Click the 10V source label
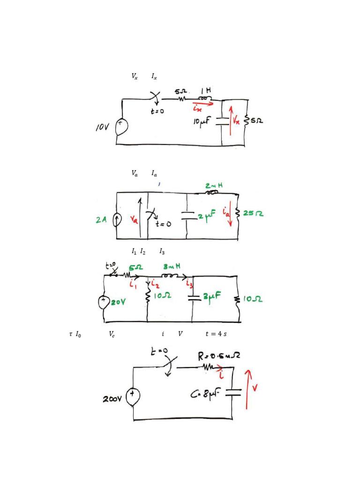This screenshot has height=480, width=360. [102, 127]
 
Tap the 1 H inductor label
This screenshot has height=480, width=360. [206, 90]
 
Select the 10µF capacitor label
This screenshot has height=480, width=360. [202, 121]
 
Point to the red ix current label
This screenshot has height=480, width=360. [197, 108]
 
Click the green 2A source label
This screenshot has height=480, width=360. [101, 220]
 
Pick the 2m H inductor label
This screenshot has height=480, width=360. [214, 186]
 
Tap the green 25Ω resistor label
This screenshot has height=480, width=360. [253, 213]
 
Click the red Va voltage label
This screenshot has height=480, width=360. [134, 219]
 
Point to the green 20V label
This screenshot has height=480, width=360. [118, 302]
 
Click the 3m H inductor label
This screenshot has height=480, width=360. [172, 267]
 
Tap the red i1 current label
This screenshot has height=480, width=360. [133, 285]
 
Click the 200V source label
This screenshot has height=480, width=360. [112, 399]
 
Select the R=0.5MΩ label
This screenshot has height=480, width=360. [219, 356]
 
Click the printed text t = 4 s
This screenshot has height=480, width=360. [216, 334]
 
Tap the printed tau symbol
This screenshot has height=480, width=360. [71, 334]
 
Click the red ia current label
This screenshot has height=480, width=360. [226, 212]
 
